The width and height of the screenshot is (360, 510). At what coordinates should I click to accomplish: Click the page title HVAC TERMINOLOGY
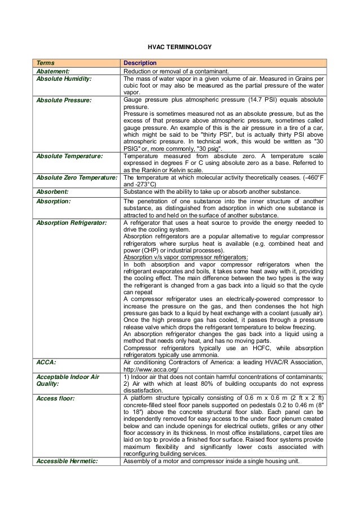click(180, 47)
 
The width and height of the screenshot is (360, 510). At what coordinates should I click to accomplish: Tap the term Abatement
click(53, 71)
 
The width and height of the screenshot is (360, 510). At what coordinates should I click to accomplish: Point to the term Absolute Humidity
click(64, 79)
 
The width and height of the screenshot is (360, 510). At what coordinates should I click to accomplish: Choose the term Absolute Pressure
click(63, 100)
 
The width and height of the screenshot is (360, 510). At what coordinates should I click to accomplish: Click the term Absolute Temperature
click(69, 155)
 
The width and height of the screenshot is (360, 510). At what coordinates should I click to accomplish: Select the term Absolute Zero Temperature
click(78, 177)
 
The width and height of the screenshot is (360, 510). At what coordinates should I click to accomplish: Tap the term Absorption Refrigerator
click(72, 223)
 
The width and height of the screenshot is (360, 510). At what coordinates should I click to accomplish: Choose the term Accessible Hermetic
click(67, 461)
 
